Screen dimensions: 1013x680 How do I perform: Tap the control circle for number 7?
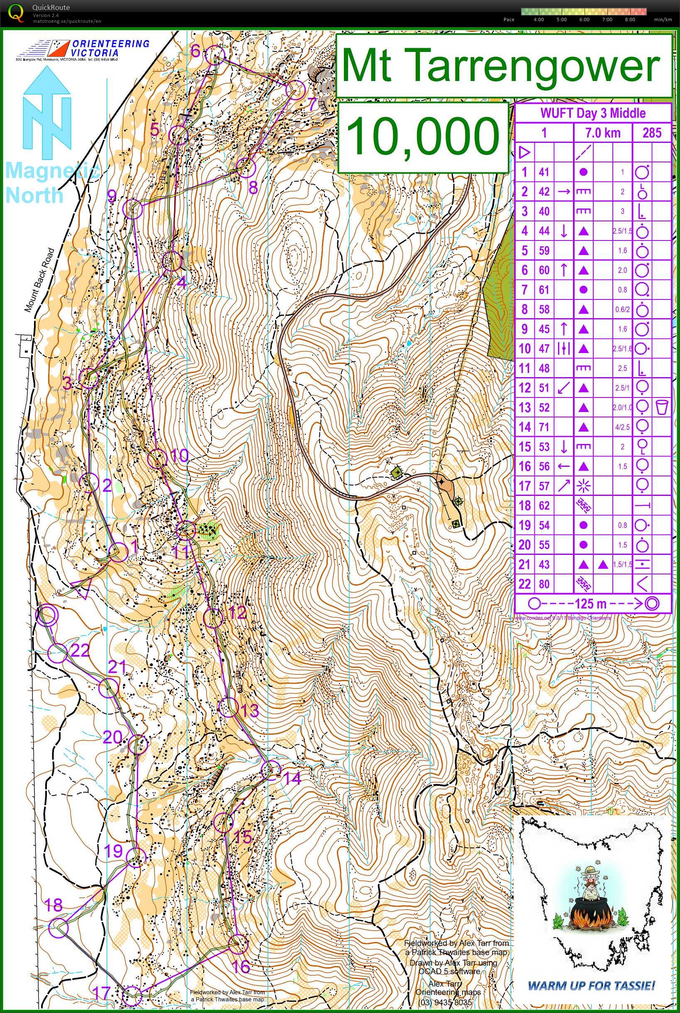296,90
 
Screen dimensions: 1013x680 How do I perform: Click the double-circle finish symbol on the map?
47,616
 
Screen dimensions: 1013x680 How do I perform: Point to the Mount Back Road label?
39,280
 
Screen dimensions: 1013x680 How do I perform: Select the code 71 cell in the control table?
544,427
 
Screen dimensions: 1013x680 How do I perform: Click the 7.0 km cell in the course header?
603,133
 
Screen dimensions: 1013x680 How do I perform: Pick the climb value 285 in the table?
652,133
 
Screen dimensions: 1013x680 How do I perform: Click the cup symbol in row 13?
661,407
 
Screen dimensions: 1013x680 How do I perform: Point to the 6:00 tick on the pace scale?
584,20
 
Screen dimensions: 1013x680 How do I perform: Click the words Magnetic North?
48,182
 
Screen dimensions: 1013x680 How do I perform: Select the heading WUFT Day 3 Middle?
592,113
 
